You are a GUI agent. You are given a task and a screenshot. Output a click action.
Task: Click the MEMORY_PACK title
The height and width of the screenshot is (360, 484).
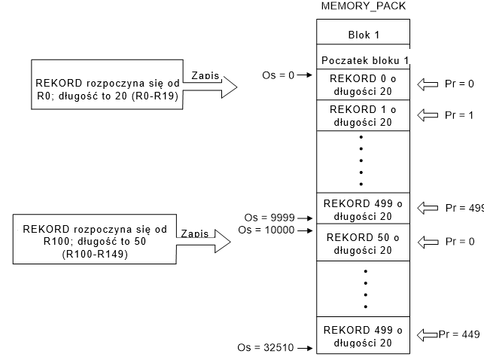tap(364, 6)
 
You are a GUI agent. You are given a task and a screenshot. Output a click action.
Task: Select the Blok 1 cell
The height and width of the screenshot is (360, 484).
tap(364, 32)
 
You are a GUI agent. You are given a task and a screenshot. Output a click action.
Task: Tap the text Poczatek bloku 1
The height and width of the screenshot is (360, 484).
tap(365, 60)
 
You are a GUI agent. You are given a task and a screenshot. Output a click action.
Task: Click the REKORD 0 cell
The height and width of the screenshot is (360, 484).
tap(364, 84)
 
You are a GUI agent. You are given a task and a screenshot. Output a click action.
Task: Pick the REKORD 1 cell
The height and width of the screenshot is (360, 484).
tap(364, 115)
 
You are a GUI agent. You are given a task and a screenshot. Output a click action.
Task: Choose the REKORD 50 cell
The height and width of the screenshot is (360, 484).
tap(364, 243)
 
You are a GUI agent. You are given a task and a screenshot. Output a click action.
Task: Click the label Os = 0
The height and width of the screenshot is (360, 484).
tap(278, 75)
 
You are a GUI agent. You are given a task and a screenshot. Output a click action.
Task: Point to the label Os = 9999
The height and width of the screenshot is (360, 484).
tap(269, 218)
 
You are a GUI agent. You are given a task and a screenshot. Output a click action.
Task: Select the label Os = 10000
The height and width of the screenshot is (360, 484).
tap(266, 230)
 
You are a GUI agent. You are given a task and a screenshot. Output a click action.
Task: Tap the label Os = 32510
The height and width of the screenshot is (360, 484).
tap(266, 348)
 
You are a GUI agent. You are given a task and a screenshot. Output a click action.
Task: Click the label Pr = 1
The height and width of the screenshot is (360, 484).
tap(459, 115)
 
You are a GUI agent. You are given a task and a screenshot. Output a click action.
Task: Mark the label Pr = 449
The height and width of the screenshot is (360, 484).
tap(459, 334)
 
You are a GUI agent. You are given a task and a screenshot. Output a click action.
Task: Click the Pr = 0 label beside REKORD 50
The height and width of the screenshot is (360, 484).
tap(460, 242)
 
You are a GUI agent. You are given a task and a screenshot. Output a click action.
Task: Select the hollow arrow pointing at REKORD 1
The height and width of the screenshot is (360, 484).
tap(428, 115)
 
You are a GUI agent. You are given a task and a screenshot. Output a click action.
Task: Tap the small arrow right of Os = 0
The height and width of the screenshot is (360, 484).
tap(305, 75)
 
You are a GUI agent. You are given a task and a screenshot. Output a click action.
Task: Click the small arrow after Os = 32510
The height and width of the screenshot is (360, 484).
tap(306, 348)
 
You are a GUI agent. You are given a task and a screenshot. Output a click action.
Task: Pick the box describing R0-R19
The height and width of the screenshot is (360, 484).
tap(107, 84)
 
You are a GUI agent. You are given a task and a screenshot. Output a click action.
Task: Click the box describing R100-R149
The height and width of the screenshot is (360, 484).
tap(95, 239)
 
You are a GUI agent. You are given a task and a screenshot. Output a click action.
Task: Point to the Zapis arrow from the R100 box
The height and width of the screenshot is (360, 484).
tap(204, 241)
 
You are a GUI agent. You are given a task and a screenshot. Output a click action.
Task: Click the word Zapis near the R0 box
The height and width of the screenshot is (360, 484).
tap(205, 75)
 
